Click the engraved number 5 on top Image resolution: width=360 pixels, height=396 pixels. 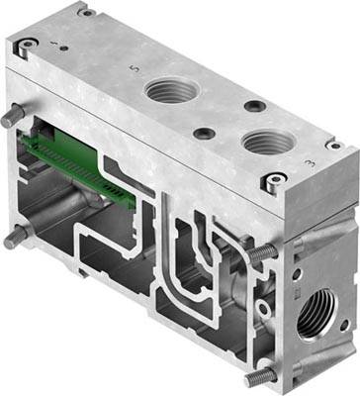136,70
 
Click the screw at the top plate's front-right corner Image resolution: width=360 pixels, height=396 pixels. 268,180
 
